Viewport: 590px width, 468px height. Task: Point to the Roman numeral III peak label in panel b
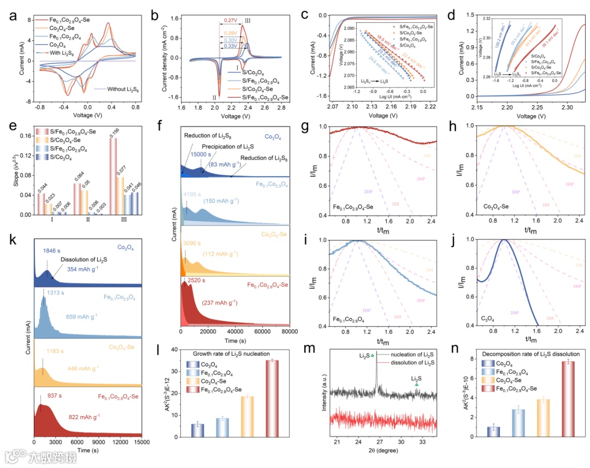(247, 20)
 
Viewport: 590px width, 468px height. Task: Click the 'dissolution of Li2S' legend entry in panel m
(412, 363)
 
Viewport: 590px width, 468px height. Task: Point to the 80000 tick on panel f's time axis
(289, 331)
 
